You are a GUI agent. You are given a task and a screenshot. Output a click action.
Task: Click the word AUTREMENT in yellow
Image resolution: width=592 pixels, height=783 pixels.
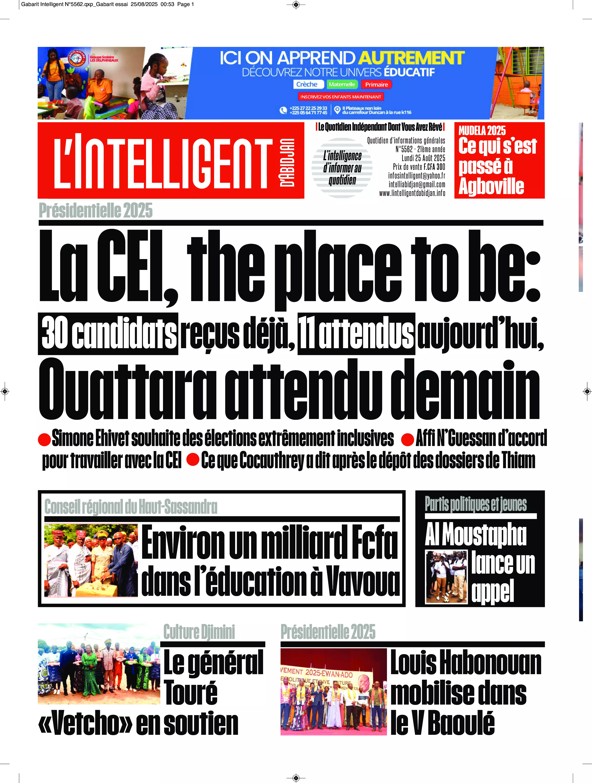(x=411, y=58)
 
